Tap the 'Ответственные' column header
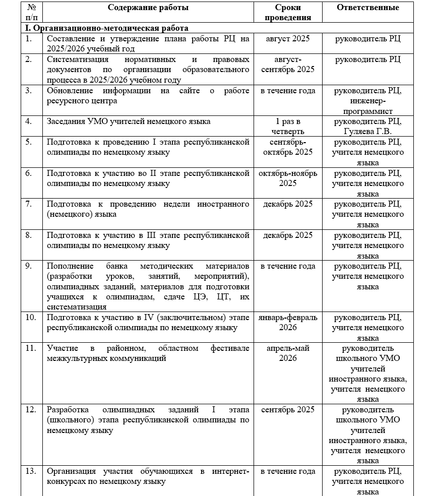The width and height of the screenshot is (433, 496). pos(368,8)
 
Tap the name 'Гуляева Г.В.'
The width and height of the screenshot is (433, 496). pos(368,131)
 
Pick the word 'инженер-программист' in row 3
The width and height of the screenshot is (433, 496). pos(368,106)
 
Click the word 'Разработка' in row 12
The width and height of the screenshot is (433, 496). pos(67,410)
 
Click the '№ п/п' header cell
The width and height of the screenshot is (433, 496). pos(32,12)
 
